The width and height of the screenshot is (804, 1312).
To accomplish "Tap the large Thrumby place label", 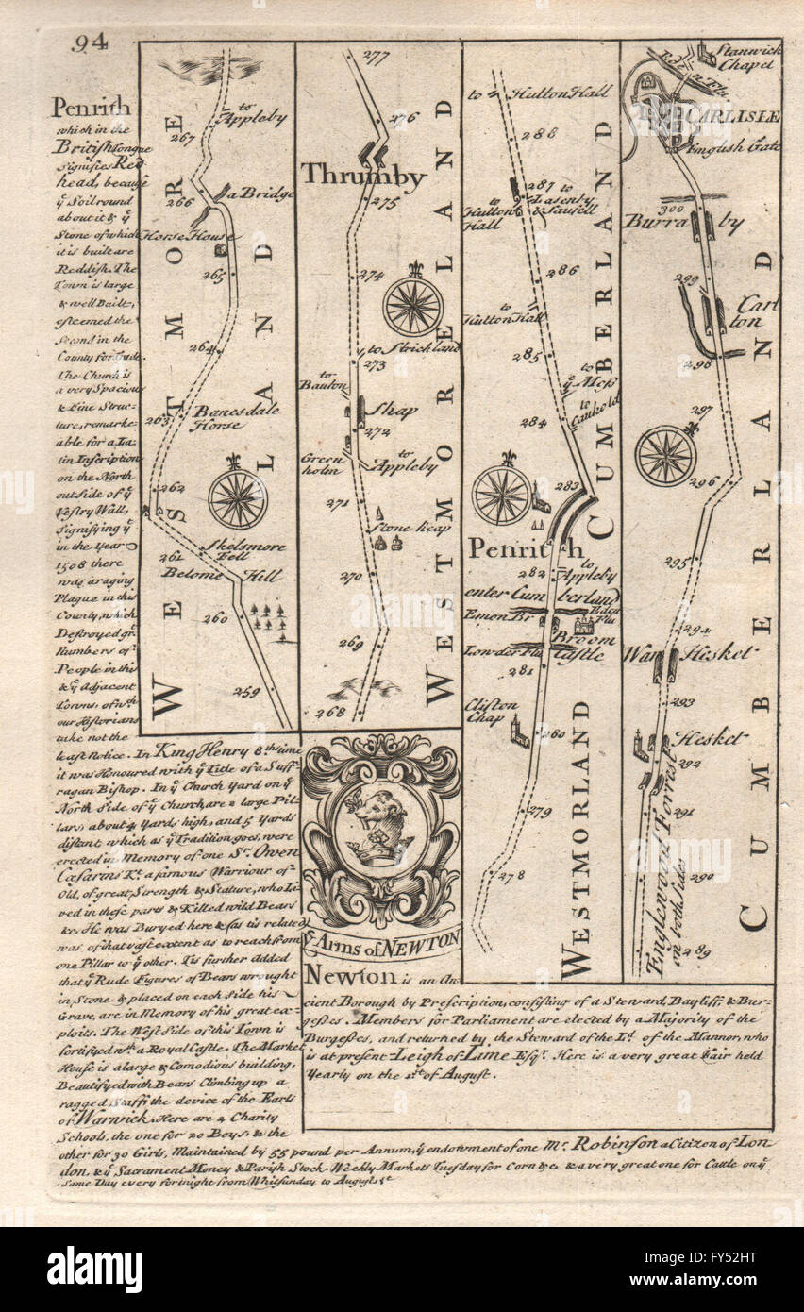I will click(x=363, y=176).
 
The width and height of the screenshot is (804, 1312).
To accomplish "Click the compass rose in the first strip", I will click(x=237, y=497).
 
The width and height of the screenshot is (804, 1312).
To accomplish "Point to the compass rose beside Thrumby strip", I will click(x=412, y=305).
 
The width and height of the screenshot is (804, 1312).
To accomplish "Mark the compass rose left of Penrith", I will click(x=501, y=494).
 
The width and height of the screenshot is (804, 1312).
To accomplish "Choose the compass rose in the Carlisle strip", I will click(x=665, y=455).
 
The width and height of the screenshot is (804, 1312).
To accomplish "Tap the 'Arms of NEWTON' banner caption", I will click(x=382, y=939).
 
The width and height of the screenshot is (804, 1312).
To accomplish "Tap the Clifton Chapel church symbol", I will click(x=519, y=735).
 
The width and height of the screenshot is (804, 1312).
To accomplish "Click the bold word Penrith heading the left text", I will click(x=91, y=108).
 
